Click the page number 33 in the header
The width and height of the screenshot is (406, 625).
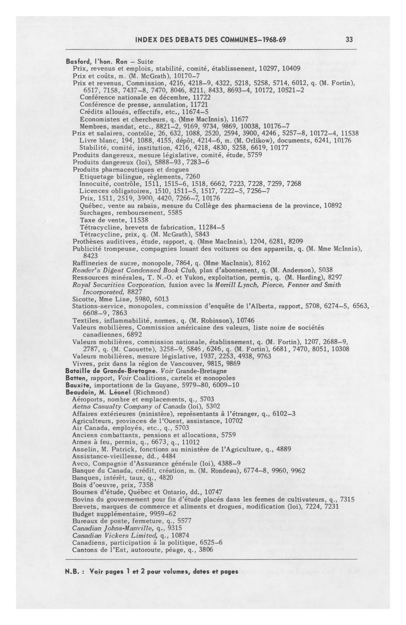click(349, 40)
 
